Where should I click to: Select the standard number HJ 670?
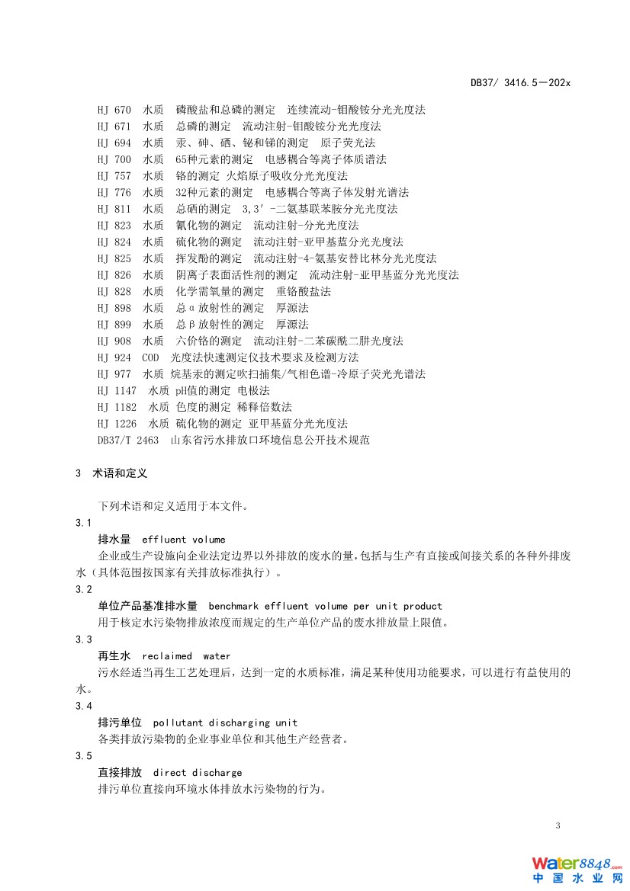click(x=114, y=110)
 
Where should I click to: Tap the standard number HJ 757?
click(x=114, y=176)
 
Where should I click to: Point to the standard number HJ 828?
click(x=114, y=292)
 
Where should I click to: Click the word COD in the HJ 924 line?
click(x=150, y=357)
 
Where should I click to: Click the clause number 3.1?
click(x=84, y=523)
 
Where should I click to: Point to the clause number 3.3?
click(x=84, y=639)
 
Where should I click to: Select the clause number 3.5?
click(x=84, y=756)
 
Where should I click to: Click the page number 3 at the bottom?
click(x=558, y=826)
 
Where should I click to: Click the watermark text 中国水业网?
click(x=577, y=879)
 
